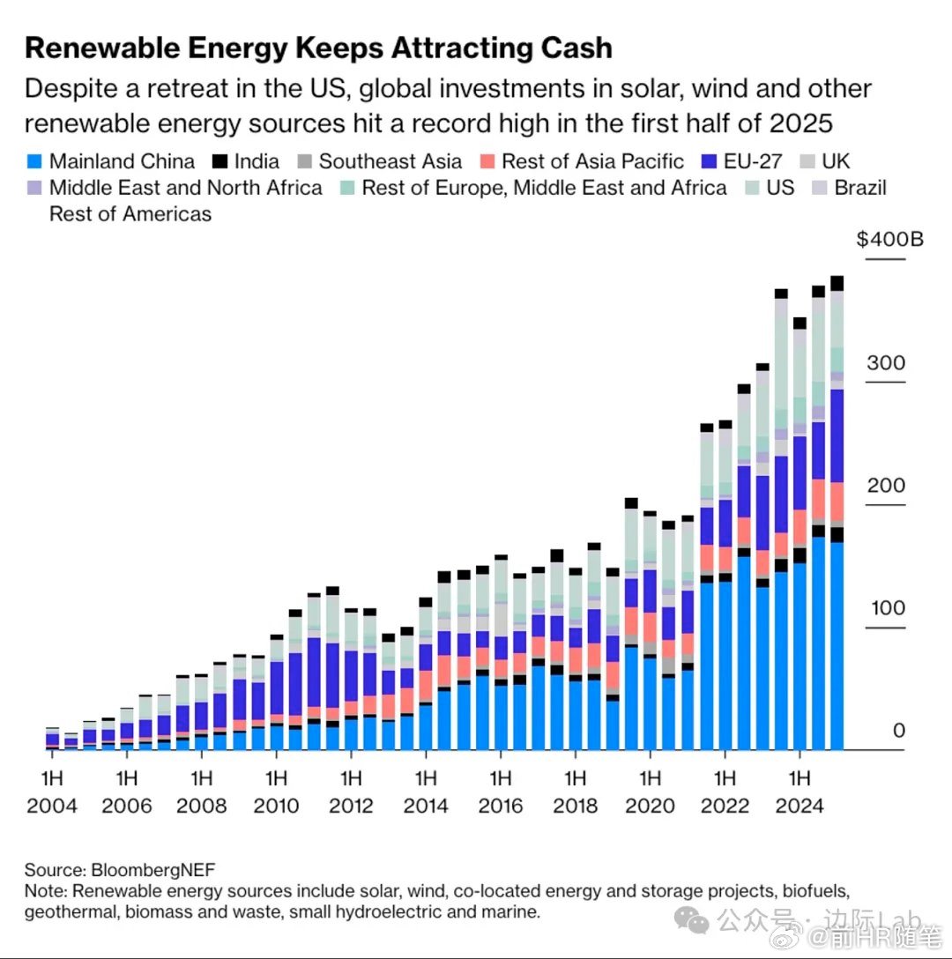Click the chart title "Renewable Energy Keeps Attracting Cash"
click(318, 48)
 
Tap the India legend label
click(257, 161)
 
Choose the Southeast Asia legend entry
click(390, 161)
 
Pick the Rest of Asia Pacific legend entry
click(592, 161)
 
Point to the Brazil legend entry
click(860, 188)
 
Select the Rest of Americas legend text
click(130, 214)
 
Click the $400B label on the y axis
click(889, 239)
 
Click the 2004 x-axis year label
click(51, 806)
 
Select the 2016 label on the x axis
click(501, 806)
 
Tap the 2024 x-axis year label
click(800, 806)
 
